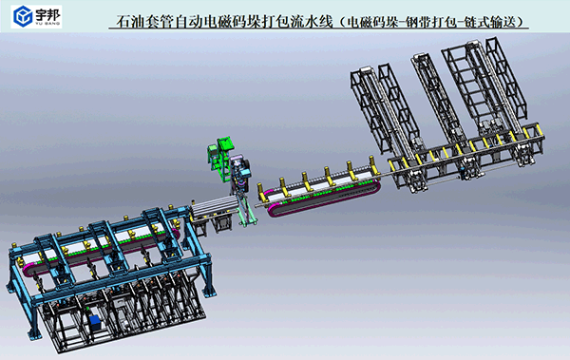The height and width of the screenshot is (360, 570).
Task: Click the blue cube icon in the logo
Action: coord(23,16)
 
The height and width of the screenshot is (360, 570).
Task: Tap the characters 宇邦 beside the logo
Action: coord(48,14)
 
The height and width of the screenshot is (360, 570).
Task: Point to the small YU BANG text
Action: coord(48,24)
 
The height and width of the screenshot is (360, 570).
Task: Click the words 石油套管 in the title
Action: coord(145,22)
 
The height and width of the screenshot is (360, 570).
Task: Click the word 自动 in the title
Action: coord(189,22)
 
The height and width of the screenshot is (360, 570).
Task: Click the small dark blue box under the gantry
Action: coord(95,321)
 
